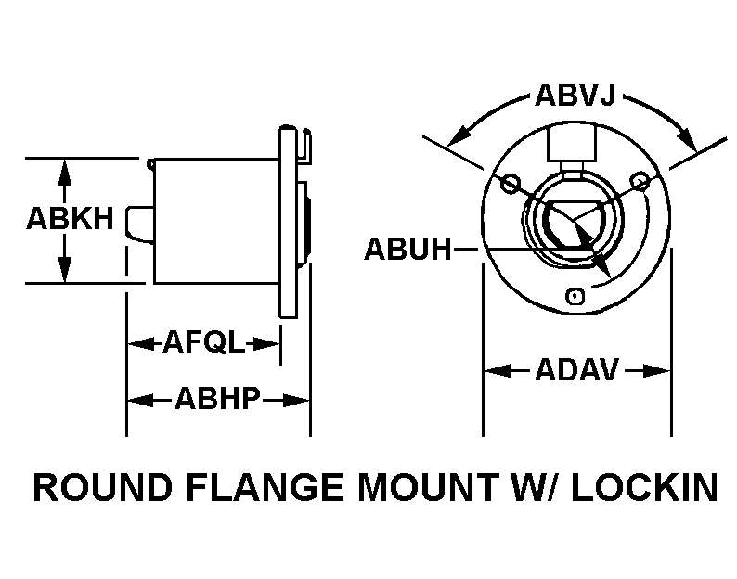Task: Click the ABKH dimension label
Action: click(x=70, y=219)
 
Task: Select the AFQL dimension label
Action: click(x=204, y=342)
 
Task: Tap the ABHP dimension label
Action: click(x=217, y=399)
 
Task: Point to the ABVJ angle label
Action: click(x=575, y=96)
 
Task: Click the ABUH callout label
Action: click(x=408, y=249)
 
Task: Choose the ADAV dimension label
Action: click(x=577, y=370)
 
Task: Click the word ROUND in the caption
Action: click(x=103, y=487)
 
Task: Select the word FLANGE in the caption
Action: click(x=265, y=487)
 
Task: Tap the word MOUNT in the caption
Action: click(x=428, y=487)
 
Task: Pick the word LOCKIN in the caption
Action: click(x=645, y=487)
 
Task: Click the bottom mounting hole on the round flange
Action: click(x=575, y=297)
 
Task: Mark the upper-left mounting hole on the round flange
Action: click(x=511, y=183)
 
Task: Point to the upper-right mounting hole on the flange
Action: click(x=640, y=180)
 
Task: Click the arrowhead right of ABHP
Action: click(x=295, y=401)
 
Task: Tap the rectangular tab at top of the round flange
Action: click(x=572, y=142)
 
